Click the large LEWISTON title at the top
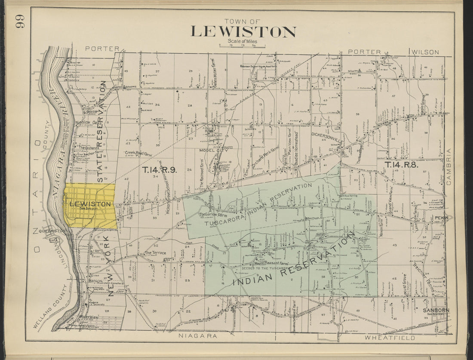[x=243, y=32]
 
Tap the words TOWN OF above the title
[x=243, y=21]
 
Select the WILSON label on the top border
[x=426, y=52]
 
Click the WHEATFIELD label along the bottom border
[x=390, y=338]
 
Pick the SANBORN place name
[x=436, y=310]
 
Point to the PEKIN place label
[x=441, y=218]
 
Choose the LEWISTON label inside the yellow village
[x=90, y=204]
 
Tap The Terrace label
[x=155, y=253]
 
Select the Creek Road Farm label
[x=139, y=153]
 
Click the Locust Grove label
[x=405, y=285]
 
